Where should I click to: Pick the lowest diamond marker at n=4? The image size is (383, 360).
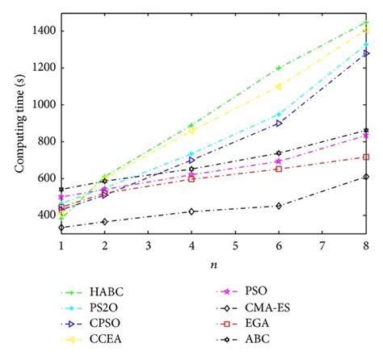point(191,211)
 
